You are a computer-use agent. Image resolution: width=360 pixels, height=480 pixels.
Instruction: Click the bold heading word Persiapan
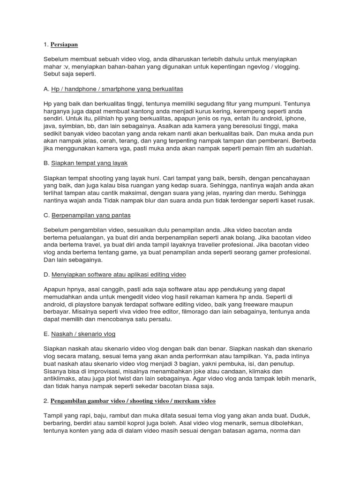64,45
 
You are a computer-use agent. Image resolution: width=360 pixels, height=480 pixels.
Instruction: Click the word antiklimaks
60,379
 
